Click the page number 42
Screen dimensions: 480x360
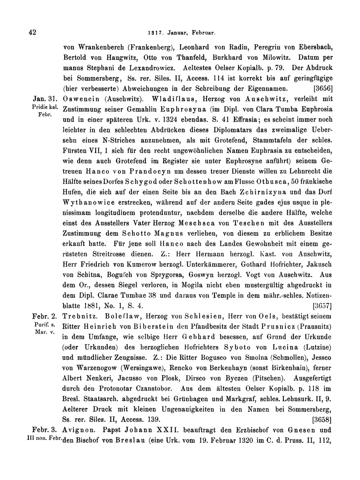(32, 32)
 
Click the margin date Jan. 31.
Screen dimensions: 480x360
(45, 99)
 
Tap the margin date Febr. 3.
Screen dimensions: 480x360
(45, 429)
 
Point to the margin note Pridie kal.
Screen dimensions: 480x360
(45, 107)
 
